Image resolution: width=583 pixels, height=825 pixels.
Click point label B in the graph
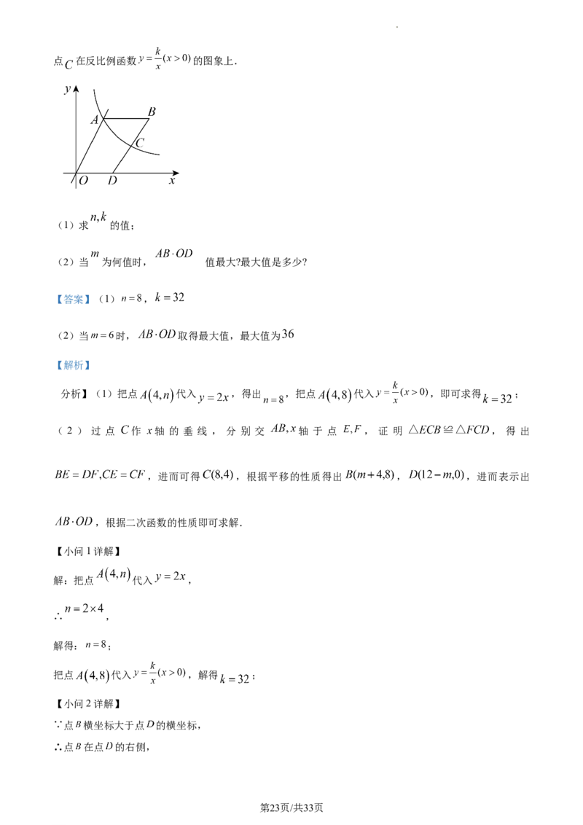pyautogui.click(x=152, y=112)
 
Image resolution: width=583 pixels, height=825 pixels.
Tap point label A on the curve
pyautogui.click(x=95, y=120)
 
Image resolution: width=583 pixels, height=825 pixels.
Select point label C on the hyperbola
pyautogui.click(x=139, y=143)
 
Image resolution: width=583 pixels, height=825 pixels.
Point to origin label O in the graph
pyautogui.click(x=83, y=181)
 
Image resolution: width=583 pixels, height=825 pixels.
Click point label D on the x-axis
pyautogui.click(x=112, y=181)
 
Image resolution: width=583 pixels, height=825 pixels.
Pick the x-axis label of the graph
pyautogui.click(x=171, y=181)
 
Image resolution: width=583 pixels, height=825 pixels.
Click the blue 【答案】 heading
pyautogui.click(x=73, y=299)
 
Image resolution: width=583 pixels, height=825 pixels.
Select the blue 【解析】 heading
pyautogui.click(x=73, y=365)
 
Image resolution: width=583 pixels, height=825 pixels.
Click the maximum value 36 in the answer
pyautogui.click(x=288, y=334)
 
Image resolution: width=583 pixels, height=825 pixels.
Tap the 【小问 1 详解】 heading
pyautogui.click(x=88, y=552)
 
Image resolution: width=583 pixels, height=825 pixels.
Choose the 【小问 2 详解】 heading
pyautogui.click(x=88, y=704)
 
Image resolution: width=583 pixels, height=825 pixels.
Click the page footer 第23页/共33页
pyautogui.click(x=291, y=808)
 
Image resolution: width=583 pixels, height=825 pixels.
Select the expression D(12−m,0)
pyautogui.click(x=437, y=475)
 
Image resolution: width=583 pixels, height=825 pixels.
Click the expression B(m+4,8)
pyautogui.click(x=370, y=475)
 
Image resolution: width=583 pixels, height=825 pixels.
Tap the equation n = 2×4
pyautogui.click(x=85, y=609)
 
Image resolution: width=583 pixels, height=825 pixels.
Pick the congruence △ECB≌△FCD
pyautogui.click(x=449, y=430)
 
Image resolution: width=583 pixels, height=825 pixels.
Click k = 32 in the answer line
pyautogui.click(x=169, y=297)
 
